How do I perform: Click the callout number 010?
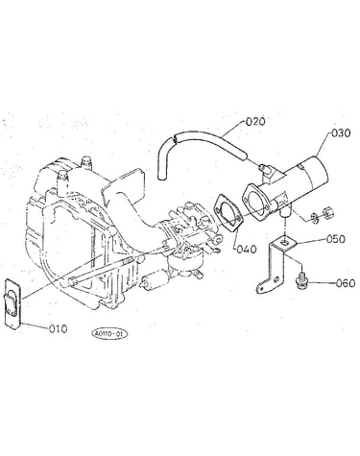(58, 328)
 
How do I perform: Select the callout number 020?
(255, 122)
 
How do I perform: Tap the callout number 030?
(341, 132)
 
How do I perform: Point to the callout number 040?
(247, 249)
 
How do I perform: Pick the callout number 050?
(336, 239)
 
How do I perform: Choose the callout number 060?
(346, 283)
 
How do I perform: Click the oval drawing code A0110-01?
(109, 334)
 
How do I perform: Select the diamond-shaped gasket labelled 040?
(229, 212)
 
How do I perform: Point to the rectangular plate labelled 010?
(13, 303)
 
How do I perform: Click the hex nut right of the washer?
(326, 211)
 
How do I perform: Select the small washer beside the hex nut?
(314, 218)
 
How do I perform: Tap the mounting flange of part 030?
(255, 201)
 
